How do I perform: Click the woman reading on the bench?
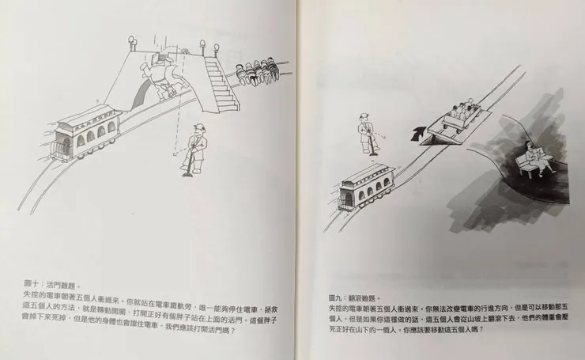[x=530, y=158]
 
